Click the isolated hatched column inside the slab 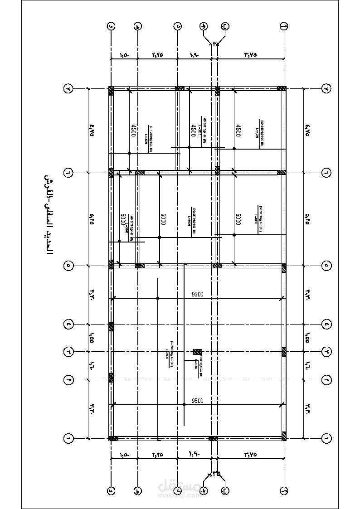tap(197, 351)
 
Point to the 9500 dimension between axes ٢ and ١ tap(197, 401)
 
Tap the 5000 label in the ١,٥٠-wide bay tap(123, 220)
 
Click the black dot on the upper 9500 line tap(157, 298)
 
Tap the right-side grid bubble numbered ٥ tap(327, 265)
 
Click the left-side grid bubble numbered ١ tap(68, 438)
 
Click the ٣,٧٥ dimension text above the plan tap(250, 54)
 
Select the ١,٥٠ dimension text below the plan tap(124, 455)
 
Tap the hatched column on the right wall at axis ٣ tap(284, 351)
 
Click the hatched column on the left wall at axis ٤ tap(111, 325)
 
